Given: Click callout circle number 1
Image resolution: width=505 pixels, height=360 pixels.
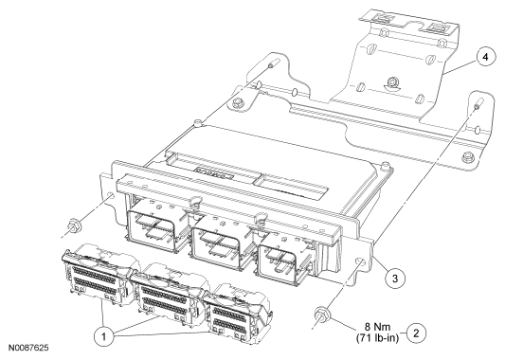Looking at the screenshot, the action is coord(103,337).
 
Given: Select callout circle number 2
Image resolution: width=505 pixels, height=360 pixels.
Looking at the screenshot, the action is coord(417,333).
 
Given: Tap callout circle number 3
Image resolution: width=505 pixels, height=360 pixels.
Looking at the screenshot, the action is coord(395,278).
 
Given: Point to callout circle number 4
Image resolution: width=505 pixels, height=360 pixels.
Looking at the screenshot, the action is coord(486,57).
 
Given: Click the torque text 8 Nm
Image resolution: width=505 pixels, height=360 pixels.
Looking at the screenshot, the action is coord(377,327).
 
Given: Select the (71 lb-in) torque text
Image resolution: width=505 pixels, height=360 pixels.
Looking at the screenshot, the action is coord(377,338).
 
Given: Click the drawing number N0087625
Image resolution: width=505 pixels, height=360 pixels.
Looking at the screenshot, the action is coord(28,348).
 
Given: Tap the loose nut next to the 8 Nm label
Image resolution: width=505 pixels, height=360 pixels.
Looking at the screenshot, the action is coord(321,314).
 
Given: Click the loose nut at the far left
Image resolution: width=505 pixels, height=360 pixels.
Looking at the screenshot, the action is coord(75,225).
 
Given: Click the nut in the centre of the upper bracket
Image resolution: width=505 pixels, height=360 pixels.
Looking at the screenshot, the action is coord(392,81).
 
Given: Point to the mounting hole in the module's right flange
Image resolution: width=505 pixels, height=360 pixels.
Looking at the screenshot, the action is coord(360,261).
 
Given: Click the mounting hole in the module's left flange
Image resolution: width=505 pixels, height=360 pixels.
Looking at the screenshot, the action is coord(110,196).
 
